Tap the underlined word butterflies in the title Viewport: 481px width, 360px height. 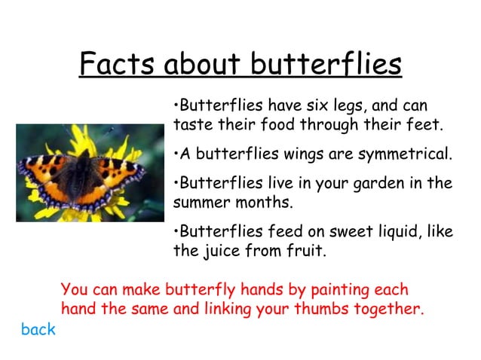point(326,65)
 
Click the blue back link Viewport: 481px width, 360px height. point(38,330)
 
